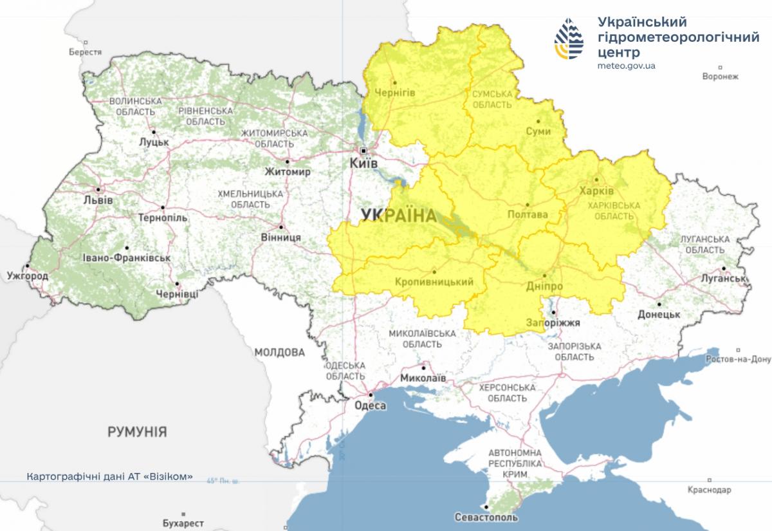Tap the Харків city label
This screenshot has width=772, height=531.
[x=597, y=191]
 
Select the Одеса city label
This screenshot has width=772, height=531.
[x=370, y=405]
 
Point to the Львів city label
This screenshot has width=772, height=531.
[x=98, y=200]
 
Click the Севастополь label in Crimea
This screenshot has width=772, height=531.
[x=486, y=517]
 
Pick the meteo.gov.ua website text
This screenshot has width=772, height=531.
[x=626, y=66]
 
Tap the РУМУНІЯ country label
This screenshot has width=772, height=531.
[x=137, y=431]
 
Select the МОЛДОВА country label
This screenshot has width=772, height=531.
[x=279, y=352]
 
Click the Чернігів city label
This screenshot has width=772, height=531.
[x=394, y=93]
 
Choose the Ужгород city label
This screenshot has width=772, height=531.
[x=27, y=275]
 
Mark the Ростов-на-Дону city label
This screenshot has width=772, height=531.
[x=738, y=359]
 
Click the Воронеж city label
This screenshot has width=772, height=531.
[x=721, y=76]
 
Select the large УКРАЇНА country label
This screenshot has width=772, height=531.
[x=399, y=216]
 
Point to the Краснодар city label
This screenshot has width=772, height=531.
[x=709, y=490]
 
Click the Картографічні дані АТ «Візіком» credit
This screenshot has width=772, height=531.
[x=110, y=477]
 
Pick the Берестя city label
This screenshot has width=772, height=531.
[x=86, y=52]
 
